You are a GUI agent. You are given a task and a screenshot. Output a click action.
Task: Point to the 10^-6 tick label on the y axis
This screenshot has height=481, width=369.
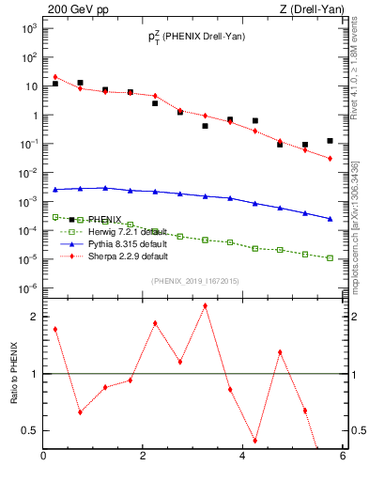pos(29,288)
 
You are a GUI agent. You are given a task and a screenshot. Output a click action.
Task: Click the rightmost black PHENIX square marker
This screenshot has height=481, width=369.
pos(330,141)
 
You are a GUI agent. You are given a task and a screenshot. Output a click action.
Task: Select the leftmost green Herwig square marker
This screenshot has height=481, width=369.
pos(55,217)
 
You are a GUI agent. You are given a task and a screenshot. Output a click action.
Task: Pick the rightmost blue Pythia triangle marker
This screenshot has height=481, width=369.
pos(330,219)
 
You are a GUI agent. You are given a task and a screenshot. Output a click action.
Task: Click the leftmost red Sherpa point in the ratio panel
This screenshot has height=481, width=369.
pos(55,329)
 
